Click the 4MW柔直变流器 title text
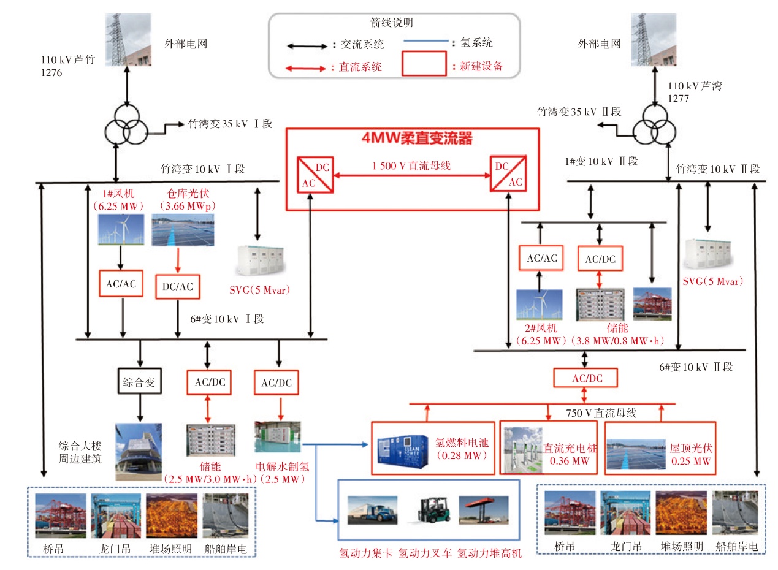coord(417,138)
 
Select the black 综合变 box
coord(140,381)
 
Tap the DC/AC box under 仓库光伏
coord(178,286)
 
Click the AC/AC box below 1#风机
coord(121,284)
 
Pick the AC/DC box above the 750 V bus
coord(585,378)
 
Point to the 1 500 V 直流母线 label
coord(411,165)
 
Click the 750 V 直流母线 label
coord(601,413)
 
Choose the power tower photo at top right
coord(654,40)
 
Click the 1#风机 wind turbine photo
coord(121,229)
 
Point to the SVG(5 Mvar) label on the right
coord(712,281)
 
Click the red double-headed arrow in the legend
coord(306,69)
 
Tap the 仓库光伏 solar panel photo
coord(183,230)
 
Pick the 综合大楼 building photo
coord(139,452)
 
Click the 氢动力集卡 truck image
coord(373,510)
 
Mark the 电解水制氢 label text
coord(283,466)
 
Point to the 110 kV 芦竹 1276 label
coord(67,66)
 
